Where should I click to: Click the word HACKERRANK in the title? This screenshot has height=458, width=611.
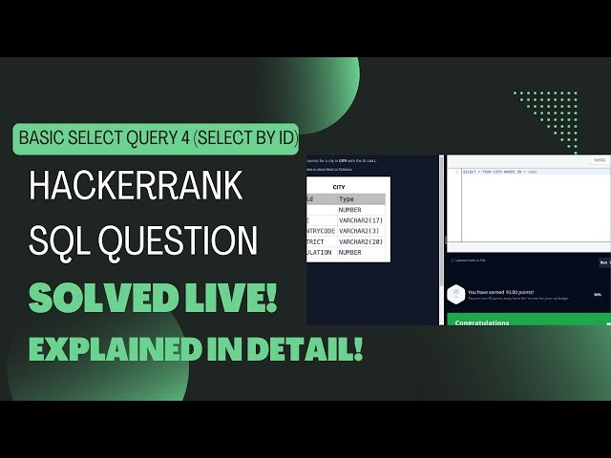(137, 184)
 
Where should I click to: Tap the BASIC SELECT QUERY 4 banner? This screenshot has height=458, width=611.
(158, 139)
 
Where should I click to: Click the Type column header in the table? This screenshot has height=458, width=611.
(347, 198)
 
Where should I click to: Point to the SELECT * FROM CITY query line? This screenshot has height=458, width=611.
(500, 172)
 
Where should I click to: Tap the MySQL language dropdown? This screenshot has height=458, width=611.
(600, 160)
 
